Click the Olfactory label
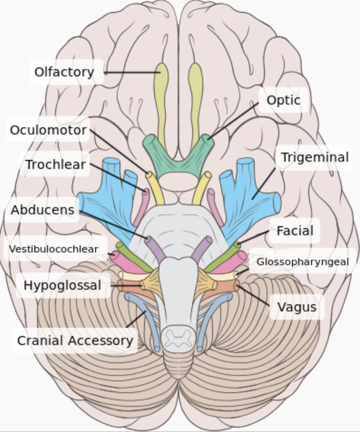[x=64, y=72]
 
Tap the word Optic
[x=283, y=100]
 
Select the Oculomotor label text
[x=48, y=130]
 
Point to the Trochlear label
[x=56, y=164]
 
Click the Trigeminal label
[x=315, y=157]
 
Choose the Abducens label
[x=42, y=210]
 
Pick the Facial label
[x=295, y=231]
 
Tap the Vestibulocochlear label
[x=54, y=249]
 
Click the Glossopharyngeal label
[x=302, y=262]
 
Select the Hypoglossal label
[x=62, y=285]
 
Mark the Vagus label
[x=297, y=307]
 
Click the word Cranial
[x=40, y=341]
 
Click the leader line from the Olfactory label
[x=132, y=72]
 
